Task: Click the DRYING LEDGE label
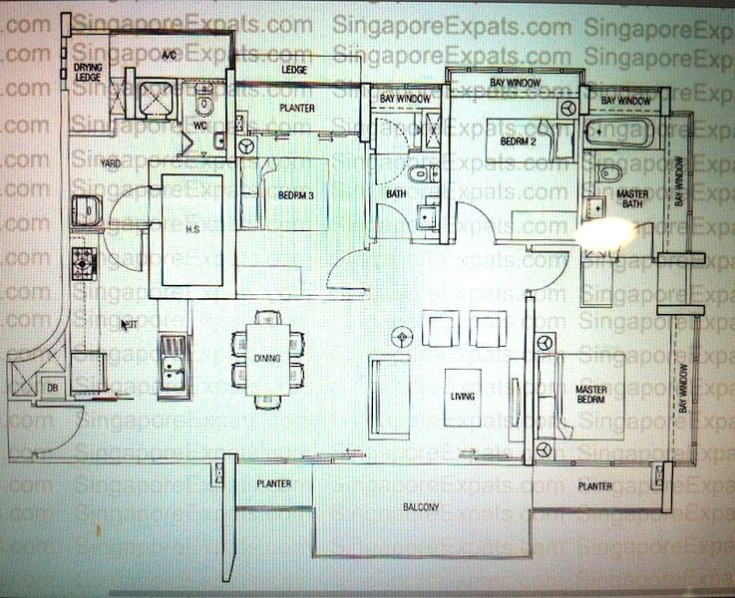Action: tap(88, 70)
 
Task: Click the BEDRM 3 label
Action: tap(296, 195)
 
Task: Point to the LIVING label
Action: tap(464, 397)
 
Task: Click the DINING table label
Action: tap(266, 358)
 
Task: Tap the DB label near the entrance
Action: tap(50, 387)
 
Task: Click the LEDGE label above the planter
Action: tap(294, 71)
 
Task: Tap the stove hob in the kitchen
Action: tap(83, 261)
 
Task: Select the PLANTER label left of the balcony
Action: tap(272, 484)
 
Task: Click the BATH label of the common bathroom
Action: tap(395, 195)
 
